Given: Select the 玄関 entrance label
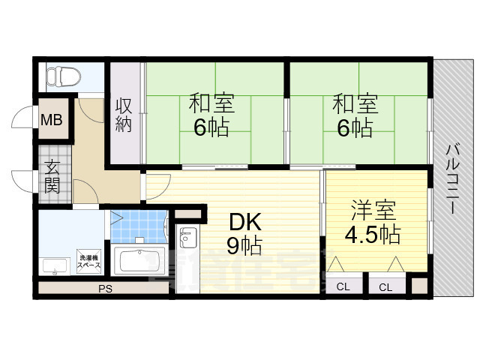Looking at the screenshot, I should [x=52, y=177].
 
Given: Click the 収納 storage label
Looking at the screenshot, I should [x=124, y=115].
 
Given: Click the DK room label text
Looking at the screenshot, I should [x=244, y=221].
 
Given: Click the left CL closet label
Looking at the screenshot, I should [x=343, y=286].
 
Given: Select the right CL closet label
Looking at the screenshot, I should [x=385, y=286].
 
